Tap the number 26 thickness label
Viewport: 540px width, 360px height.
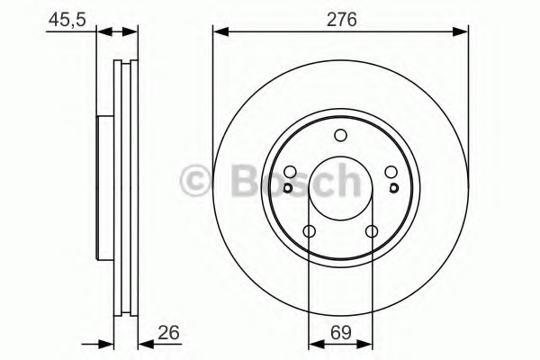coord(168,334)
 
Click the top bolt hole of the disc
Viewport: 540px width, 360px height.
coord(340,136)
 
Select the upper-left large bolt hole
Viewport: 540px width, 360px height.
coord(290,174)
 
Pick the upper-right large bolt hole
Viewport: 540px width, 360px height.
coord(391,174)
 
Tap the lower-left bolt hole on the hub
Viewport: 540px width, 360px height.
coord(309,233)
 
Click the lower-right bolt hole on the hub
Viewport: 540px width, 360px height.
coord(373,233)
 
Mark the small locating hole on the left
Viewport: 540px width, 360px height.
coord(286,188)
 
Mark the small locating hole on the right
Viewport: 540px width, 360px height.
coord(395,188)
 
